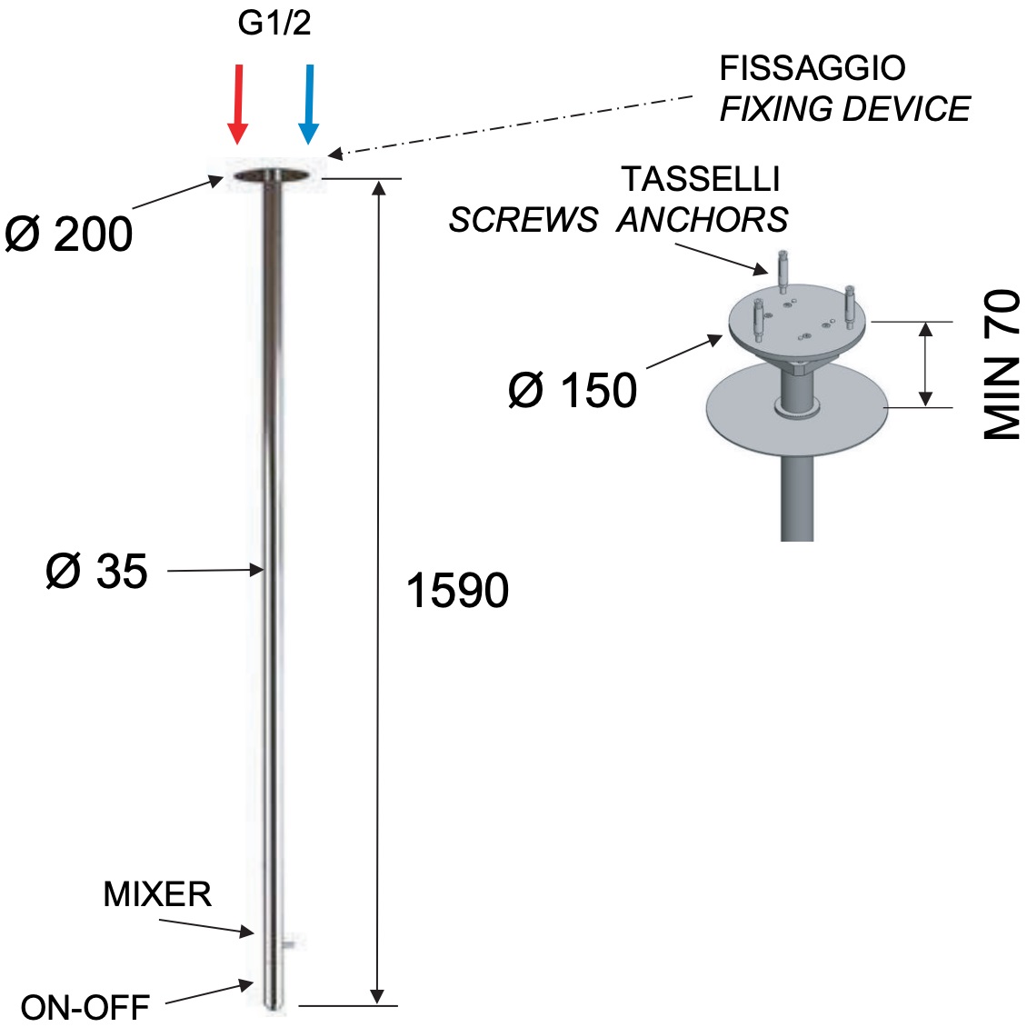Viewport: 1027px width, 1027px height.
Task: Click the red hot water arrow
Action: (x=238, y=105)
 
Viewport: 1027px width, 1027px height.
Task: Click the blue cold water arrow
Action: (x=308, y=105)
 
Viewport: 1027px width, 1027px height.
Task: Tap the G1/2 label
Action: (x=274, y=24)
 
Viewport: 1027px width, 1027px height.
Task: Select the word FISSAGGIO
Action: (x=813, y=68)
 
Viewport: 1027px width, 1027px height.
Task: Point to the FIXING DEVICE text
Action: (x=845, y=109)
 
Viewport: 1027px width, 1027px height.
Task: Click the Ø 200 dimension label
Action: (x=69, y=234)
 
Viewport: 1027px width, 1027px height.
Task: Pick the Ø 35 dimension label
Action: (x=97, y=571)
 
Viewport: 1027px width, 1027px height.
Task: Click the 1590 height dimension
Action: (x=457, y=591)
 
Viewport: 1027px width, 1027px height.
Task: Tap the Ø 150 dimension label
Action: (x=573, y=391)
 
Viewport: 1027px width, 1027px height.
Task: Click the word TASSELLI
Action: (x=701, y=179)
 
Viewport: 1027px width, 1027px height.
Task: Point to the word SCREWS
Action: (x=523, y=219)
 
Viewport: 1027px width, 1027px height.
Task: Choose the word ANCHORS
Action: (x=703, y=219)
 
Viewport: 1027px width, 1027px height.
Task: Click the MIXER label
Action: (x=158, y=894)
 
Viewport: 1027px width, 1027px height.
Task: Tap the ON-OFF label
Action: (x=85, y=1007)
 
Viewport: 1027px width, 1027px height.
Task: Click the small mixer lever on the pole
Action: (x=289, y=943)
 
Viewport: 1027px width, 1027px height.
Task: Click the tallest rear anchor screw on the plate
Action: (x=783, y=272)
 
